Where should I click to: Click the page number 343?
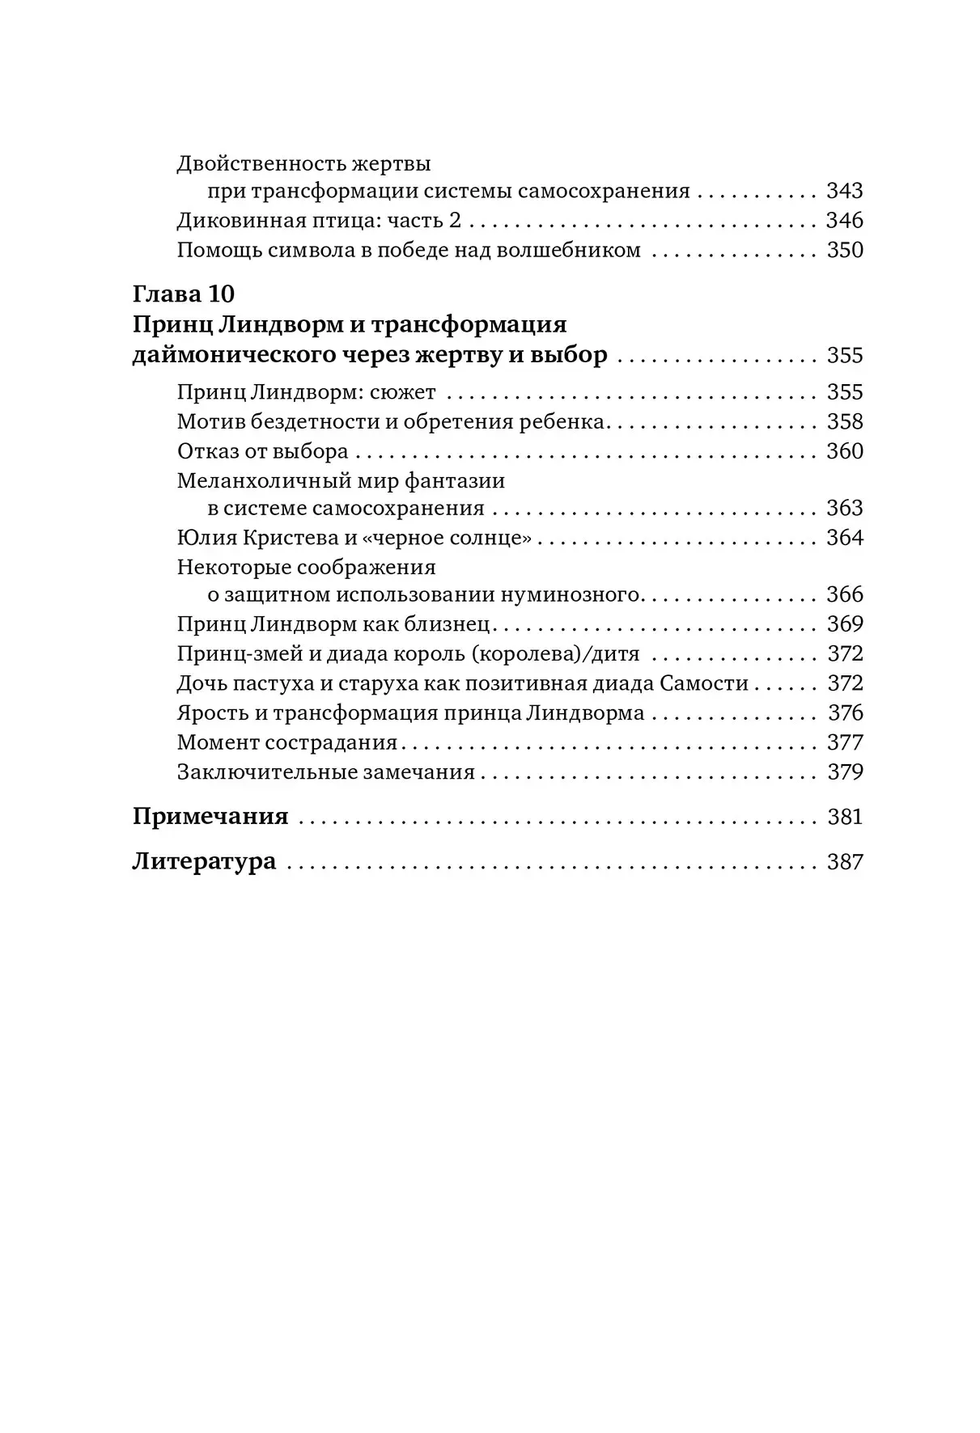click(x=844, y=192)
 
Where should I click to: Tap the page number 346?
click(x=844, y=221)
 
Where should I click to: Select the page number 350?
click(x=844, y=250)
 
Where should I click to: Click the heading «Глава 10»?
click(x=183, y=293)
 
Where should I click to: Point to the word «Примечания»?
click(x=210, y=817)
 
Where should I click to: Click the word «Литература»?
click(x=204, y=862)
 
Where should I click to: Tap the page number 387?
click(x=844, y=862)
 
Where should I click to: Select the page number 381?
click(x=844, y=817)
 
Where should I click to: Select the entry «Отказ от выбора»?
click(x=262, y=451)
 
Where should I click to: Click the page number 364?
click(x=844, y=539)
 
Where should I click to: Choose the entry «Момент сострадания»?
click(x=286, y=742)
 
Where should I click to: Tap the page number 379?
click(x=844, y=772)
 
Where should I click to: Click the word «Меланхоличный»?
click(x=263, y=481)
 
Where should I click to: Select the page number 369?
click(x=844, y=625)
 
